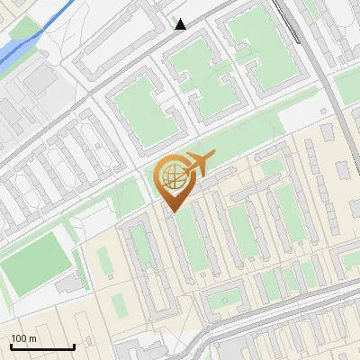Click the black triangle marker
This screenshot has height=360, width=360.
click(181, 24)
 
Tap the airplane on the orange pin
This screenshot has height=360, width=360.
click(196, 165)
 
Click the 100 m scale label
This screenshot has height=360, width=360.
click(23, 338)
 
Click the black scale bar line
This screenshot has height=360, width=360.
click(42, 346)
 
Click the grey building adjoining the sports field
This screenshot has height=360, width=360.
click(68, 284)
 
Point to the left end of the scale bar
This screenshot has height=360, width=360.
click(11, 346)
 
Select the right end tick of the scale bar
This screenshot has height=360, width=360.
click(74, 346)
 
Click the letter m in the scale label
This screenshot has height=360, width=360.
click(32, 338)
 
